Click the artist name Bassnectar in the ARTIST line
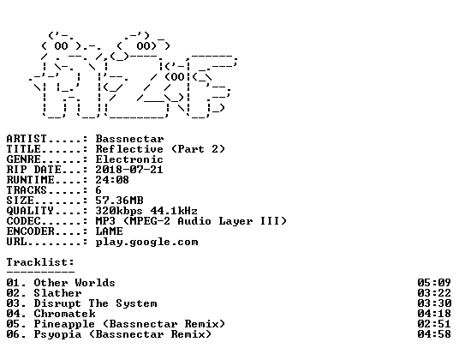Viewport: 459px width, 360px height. click(x=129, y=139)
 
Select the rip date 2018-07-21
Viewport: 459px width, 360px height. click(x=129, y=170)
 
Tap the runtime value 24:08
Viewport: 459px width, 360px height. click(x=112, y=180)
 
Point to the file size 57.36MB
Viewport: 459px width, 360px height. click(x=119, y=201)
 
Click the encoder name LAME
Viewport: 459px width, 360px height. click(x=110, y=231)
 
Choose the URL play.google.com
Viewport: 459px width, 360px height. click(x=147, y=242)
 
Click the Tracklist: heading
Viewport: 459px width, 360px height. click(x=40, y=262)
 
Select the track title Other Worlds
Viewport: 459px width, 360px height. click(x=75, y=283)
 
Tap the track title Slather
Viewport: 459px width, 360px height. click(x=57, y=293)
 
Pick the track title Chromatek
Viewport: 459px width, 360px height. click(x=65, y=314)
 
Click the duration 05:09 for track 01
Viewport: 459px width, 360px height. click(x=434, y=283)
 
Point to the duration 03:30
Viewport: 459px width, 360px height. click(x=434, y=303)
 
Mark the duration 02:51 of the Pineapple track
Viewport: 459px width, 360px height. click(x=434, y=324)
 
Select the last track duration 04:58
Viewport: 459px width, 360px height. click(x=434, y=334)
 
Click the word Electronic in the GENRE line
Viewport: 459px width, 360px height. click(x=129, y=159)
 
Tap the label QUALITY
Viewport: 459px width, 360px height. click(x=30, y=211)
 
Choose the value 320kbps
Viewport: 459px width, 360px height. click(x=119, y=211)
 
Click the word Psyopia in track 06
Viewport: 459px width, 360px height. click(x=57, y=334)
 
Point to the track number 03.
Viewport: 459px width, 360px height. click(x=13, y=303)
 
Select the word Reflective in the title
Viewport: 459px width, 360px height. click(x=129, y=149)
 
